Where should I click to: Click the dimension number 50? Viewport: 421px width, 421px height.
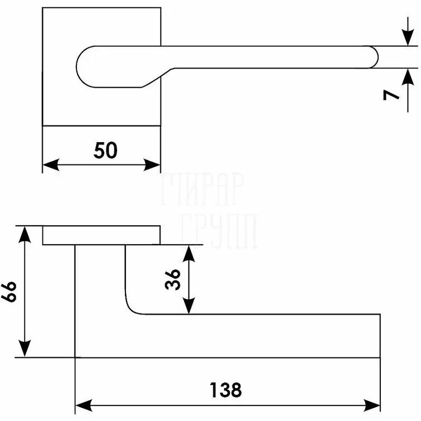[x=106, y=150]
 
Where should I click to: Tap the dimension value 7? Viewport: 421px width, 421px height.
[x=393, y=94]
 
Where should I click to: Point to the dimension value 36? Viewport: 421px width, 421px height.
[x=173, y=279]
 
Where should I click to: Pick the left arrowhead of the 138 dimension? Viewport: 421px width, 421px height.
[x=83, y=403]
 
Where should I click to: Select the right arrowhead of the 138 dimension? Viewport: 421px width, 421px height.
[x=373, y=403]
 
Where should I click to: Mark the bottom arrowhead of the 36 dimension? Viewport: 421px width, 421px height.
[x=190, y=306]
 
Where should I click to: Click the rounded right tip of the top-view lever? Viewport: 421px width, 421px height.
[x=378, y=57]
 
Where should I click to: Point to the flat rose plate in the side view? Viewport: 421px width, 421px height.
[x=101, y=235]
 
